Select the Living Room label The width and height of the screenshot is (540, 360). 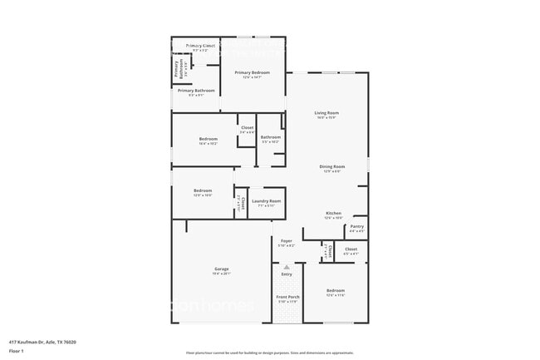(x=326, y=113)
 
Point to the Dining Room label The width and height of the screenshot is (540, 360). (x=332, y=166)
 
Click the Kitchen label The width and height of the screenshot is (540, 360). (x=333, y=214)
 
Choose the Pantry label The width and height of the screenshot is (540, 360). (x=356, y=226)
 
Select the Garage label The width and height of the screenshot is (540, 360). (x=222, y=269)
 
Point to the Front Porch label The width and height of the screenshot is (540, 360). (x=287, y=297)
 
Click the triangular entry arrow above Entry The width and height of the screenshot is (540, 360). (x=287, y=266)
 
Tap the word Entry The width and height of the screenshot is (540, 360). (x=287, y=274)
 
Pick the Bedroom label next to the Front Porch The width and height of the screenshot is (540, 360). (x=335, y=292)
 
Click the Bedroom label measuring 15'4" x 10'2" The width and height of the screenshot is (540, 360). (x=208, y=139)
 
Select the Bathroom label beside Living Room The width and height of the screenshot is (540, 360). (x=270, y=137)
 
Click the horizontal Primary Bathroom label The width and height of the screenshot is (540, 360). (x=196, y=91)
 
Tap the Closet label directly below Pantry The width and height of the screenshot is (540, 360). (x=351, y=249)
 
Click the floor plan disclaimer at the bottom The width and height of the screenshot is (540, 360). (x=270, y=353)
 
